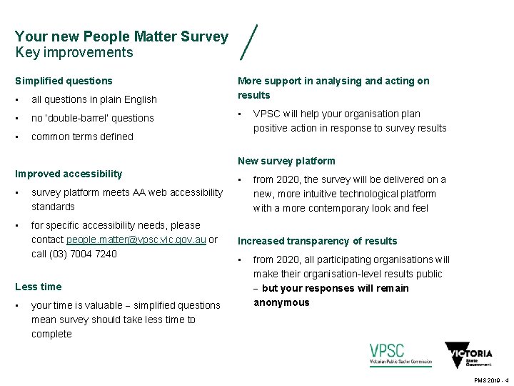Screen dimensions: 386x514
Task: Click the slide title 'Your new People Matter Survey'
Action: click(121, 36)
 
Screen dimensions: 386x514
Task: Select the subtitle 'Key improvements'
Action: click(74, 53)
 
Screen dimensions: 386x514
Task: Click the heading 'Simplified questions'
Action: click(64, 81)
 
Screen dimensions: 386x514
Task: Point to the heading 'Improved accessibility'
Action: click(69, 174)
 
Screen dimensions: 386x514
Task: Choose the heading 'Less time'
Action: click(38, 287)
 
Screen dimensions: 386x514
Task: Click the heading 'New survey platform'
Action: click(286, 161)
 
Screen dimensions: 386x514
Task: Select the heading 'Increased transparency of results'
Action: click(317, 241)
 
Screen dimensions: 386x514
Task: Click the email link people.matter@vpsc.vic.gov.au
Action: click(136, 239)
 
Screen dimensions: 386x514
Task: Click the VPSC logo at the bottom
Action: click(400, 355)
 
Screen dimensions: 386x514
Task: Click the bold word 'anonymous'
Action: click(281, 302)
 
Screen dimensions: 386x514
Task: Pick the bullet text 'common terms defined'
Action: click(82, 137)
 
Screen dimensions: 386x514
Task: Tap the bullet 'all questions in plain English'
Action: click(94, 99)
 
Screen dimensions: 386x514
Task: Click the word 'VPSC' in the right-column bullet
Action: click(267, 114)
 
